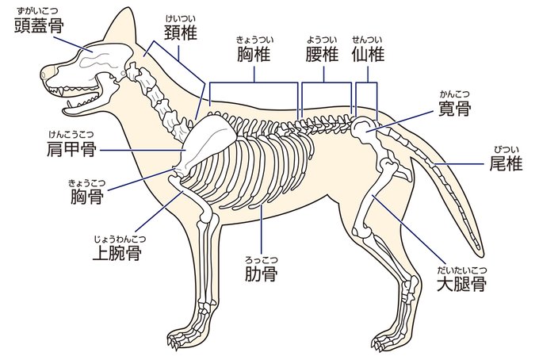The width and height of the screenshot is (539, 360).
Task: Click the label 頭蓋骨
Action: point(40,26)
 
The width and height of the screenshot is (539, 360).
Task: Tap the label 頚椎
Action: point(181,33)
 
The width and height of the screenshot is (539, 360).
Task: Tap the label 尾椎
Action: point(505,164)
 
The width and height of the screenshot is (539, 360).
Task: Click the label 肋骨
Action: point(261,274)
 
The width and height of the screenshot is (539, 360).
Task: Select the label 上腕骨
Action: point(118,253)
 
